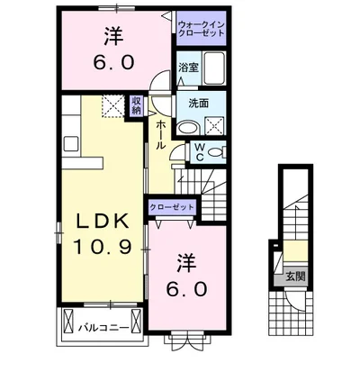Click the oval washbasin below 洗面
click(x=186, y=128)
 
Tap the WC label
click(x=202, y=150)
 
